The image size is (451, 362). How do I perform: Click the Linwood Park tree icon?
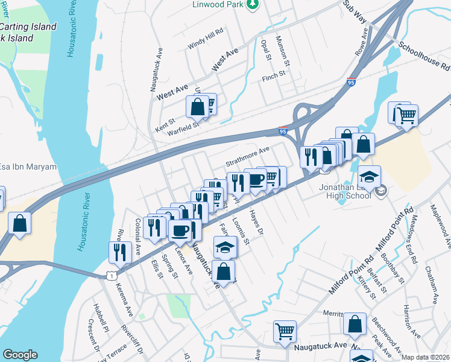coord(253,5)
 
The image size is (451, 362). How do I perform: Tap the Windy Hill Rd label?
coord(205,37)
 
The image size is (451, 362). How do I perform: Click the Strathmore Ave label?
coord(247,155)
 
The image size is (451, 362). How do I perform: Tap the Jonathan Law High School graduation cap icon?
coord(368,177)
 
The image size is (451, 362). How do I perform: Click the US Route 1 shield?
coord(110,275)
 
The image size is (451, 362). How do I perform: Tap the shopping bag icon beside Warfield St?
coord(197,108)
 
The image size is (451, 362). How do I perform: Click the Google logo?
coord(19,355)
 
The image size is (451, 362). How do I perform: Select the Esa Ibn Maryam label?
coord(28,167)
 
